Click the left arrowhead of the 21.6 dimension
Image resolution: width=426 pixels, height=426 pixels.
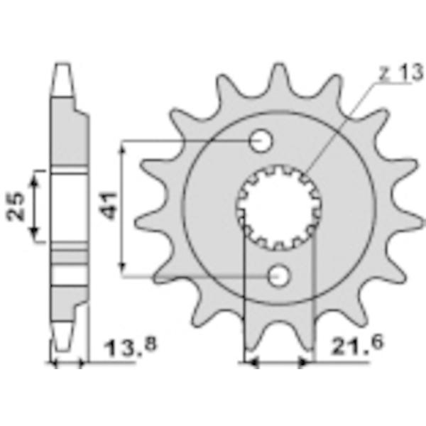pos(249,362)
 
